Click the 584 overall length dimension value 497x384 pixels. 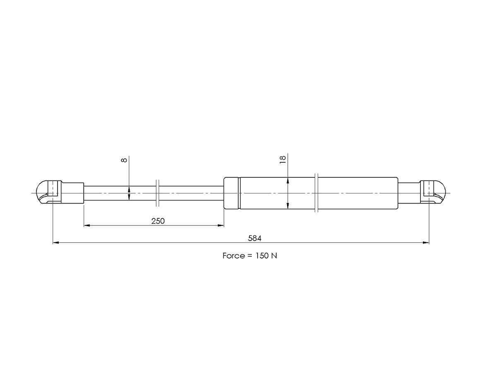click(255, 238)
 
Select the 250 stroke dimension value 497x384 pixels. click(158, 221)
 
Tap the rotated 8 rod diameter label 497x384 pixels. click(124, 160)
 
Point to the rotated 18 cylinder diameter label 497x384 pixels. click(283, 159)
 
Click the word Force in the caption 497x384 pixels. click(234, 256)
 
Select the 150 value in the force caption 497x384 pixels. click(262, 256)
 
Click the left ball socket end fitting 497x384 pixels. click(49, 192)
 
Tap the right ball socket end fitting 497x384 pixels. click(433, 192)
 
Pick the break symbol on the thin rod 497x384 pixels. click(157, 193)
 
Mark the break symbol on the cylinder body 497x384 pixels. click(316, 193)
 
